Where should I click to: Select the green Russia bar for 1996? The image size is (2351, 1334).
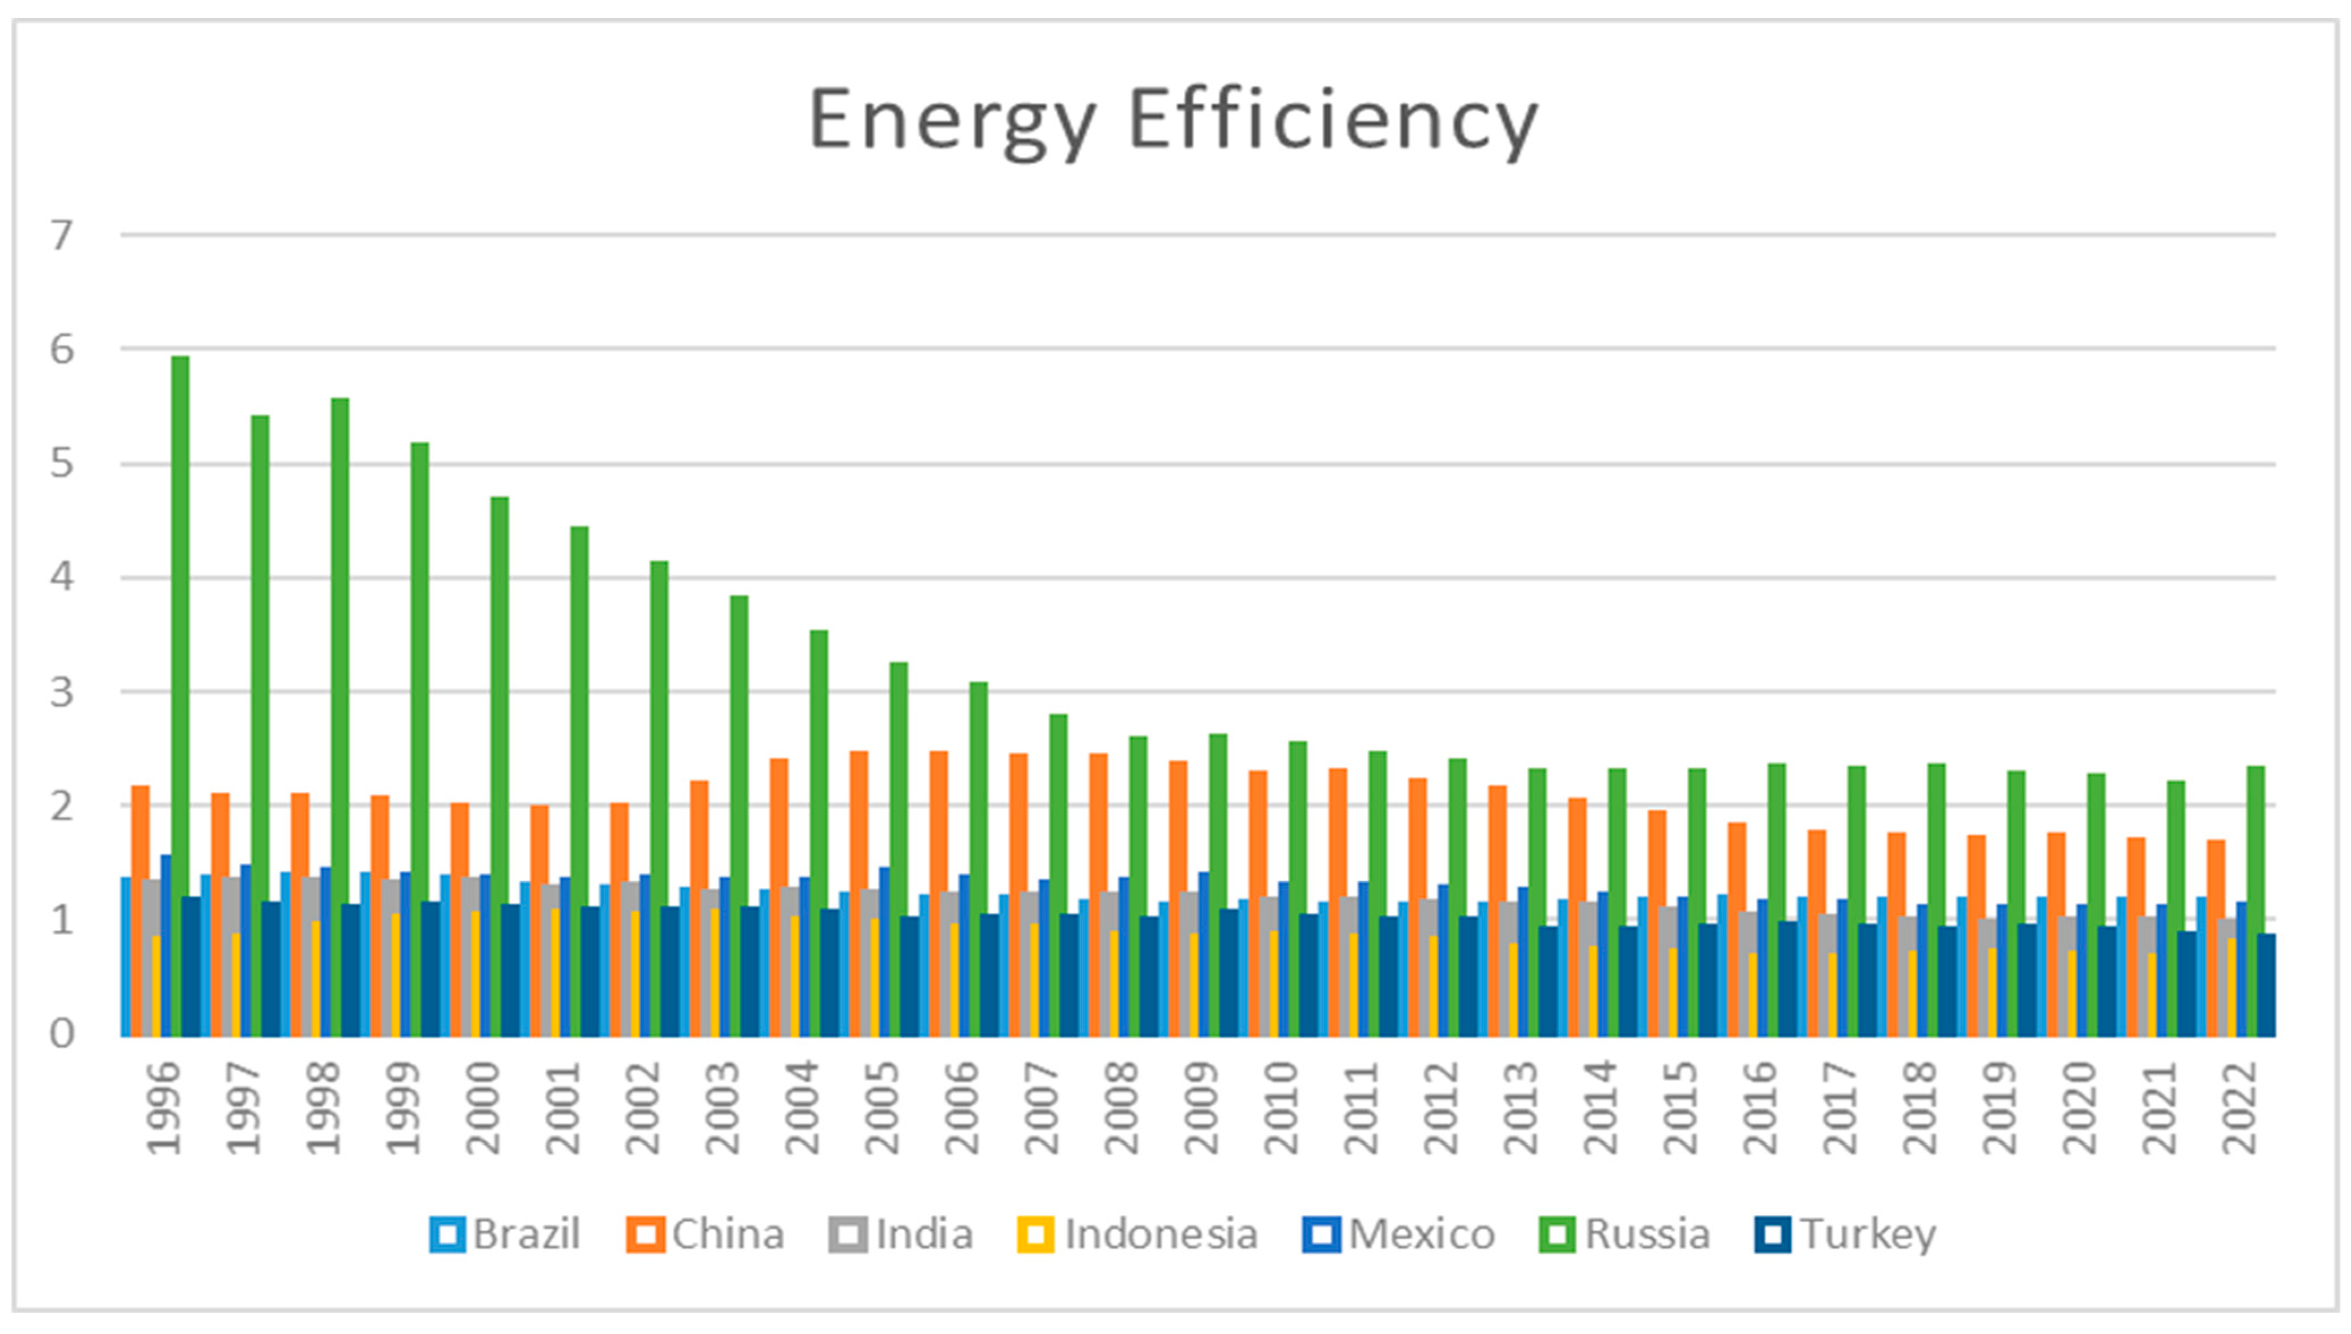coord(181,696)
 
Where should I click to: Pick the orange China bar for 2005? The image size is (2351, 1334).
coord(858,893)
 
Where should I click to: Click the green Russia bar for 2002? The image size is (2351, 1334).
coord(659,797)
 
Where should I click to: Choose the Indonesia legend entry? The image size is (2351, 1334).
coord(1137,1234)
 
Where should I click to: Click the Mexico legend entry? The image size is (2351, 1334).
coord(1399,1234)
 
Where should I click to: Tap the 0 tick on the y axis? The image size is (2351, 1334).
coord(61,1033)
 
